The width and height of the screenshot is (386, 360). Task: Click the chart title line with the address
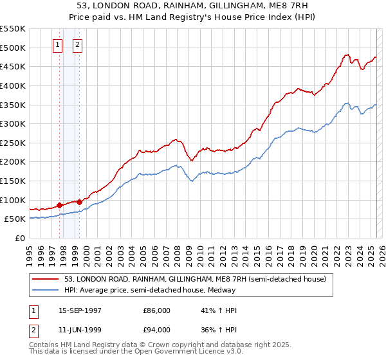[192, 5]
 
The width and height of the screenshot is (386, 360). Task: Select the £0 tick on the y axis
[19, 238]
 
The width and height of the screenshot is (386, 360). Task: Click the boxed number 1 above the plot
[59, 45]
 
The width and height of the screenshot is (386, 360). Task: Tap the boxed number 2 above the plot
[77, 45]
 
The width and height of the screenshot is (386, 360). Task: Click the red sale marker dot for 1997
[60, 205]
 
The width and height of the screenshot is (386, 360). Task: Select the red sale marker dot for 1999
[79, 202]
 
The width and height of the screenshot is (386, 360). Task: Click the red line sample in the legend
[46, 279]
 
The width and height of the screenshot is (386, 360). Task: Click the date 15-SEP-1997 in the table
[80, 310]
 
